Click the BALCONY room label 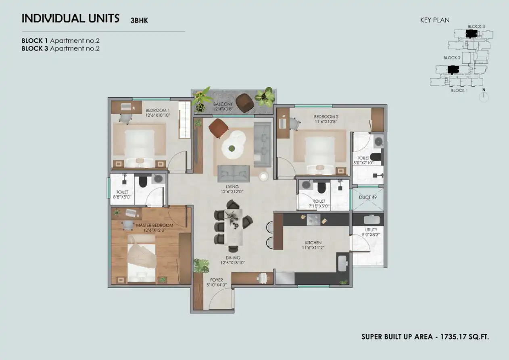[x=223, y=104]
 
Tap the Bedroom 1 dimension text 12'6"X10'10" [x=158, y=115]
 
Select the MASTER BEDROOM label [x=154, y=225]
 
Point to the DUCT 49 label [x=368, y=197]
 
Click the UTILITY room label [x=371, y=230]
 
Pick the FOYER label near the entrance [x=216, y=280]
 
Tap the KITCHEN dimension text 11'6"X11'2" [x=313, y=248]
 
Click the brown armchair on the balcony [x=245, y=103]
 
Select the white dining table [x=234, y=227]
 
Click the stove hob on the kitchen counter [x=313, y=220]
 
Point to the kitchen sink [x=342, y=264]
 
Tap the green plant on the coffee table [x=232, y=149]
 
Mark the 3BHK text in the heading [x=139, y=21]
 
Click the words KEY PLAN [x=435, y=20]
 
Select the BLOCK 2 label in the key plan [x=452, y=58]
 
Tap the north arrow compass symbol [x=484, y=96]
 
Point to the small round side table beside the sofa [x=263, y=176]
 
